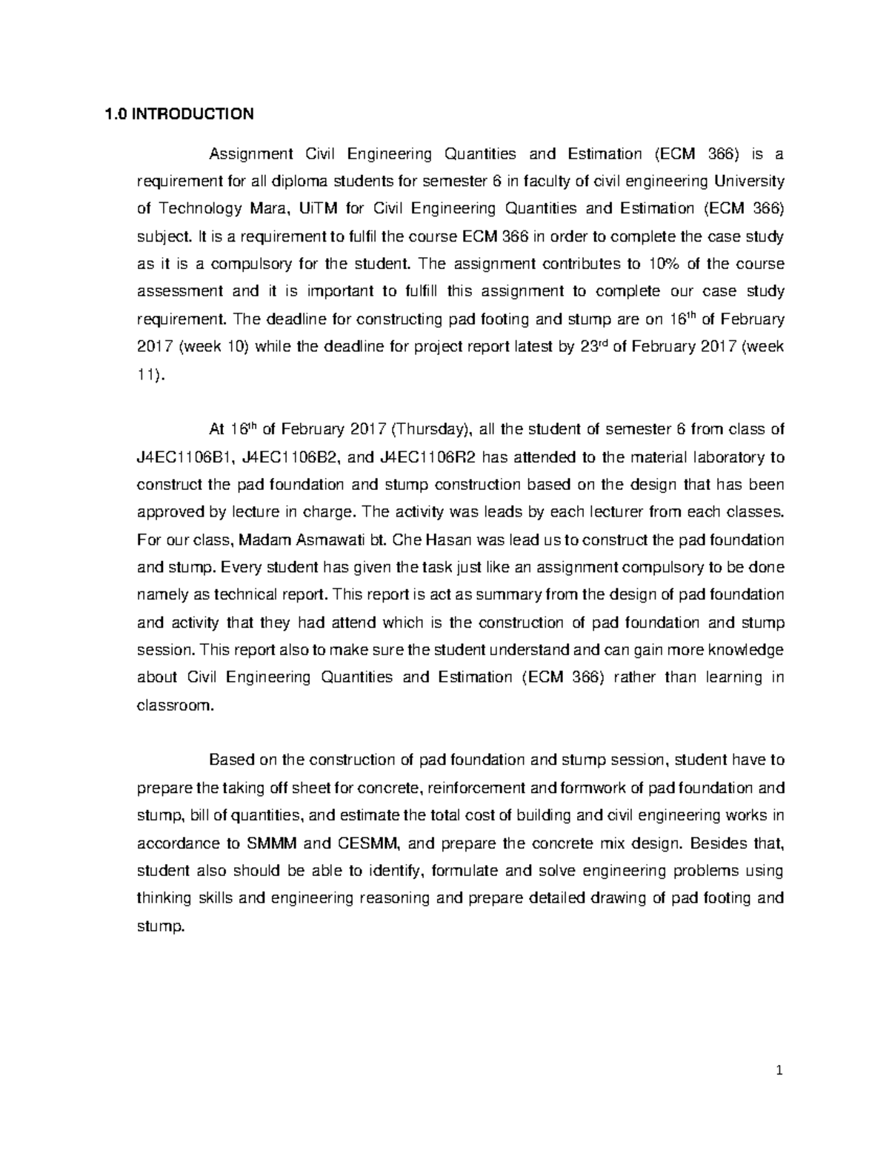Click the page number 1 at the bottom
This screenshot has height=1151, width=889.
point(779,1070)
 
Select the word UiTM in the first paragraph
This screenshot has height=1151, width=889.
point(315,209)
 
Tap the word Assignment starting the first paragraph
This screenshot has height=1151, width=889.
point(251,154)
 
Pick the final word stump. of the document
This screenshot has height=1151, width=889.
point(160,926)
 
